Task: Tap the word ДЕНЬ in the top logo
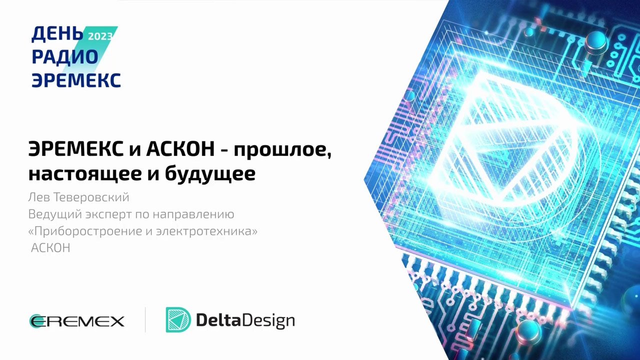point(57,33)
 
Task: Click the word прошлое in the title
point(283,150)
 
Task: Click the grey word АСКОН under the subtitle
point(50,248)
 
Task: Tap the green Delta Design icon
point(178,320)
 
